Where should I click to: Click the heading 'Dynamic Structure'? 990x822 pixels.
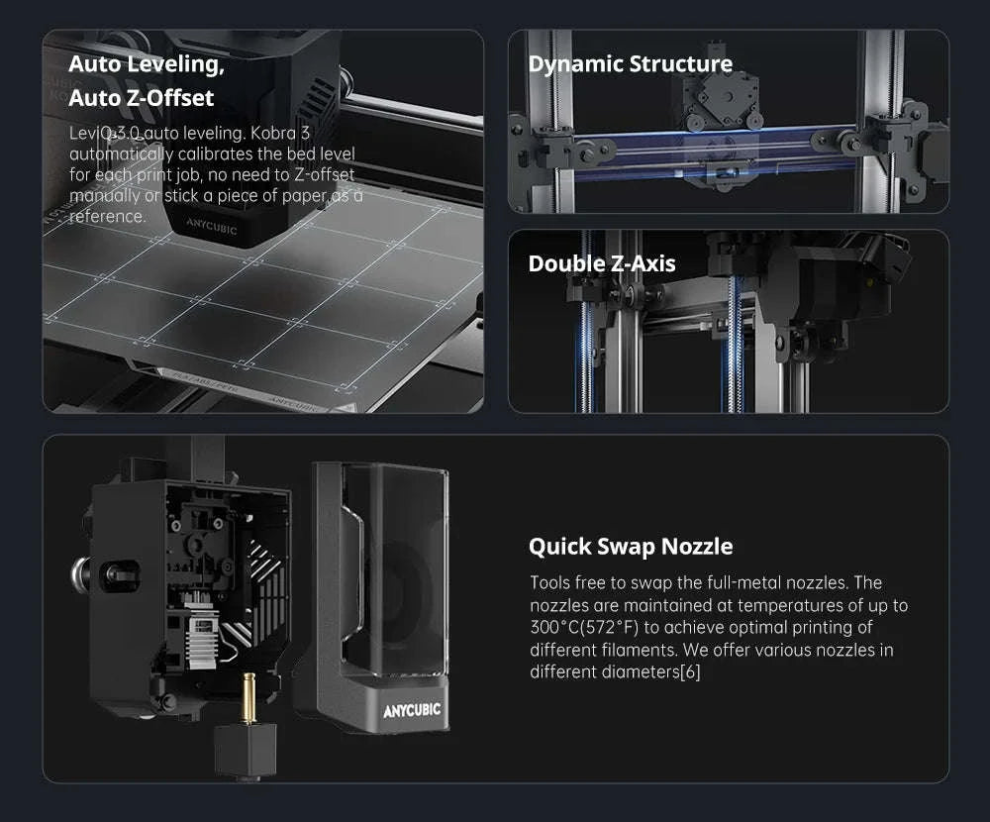tap(630, 64)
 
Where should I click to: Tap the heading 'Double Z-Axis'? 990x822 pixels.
tap(602, 263)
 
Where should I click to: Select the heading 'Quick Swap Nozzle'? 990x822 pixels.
tap(631, 546)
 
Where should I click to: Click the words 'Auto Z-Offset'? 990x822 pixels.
tap(141, 98)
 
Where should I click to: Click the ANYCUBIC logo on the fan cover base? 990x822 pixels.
tap(412, 710)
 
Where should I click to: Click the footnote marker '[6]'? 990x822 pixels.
tap(690, 672)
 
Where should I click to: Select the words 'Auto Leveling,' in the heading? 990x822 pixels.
tap(146, 65)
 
